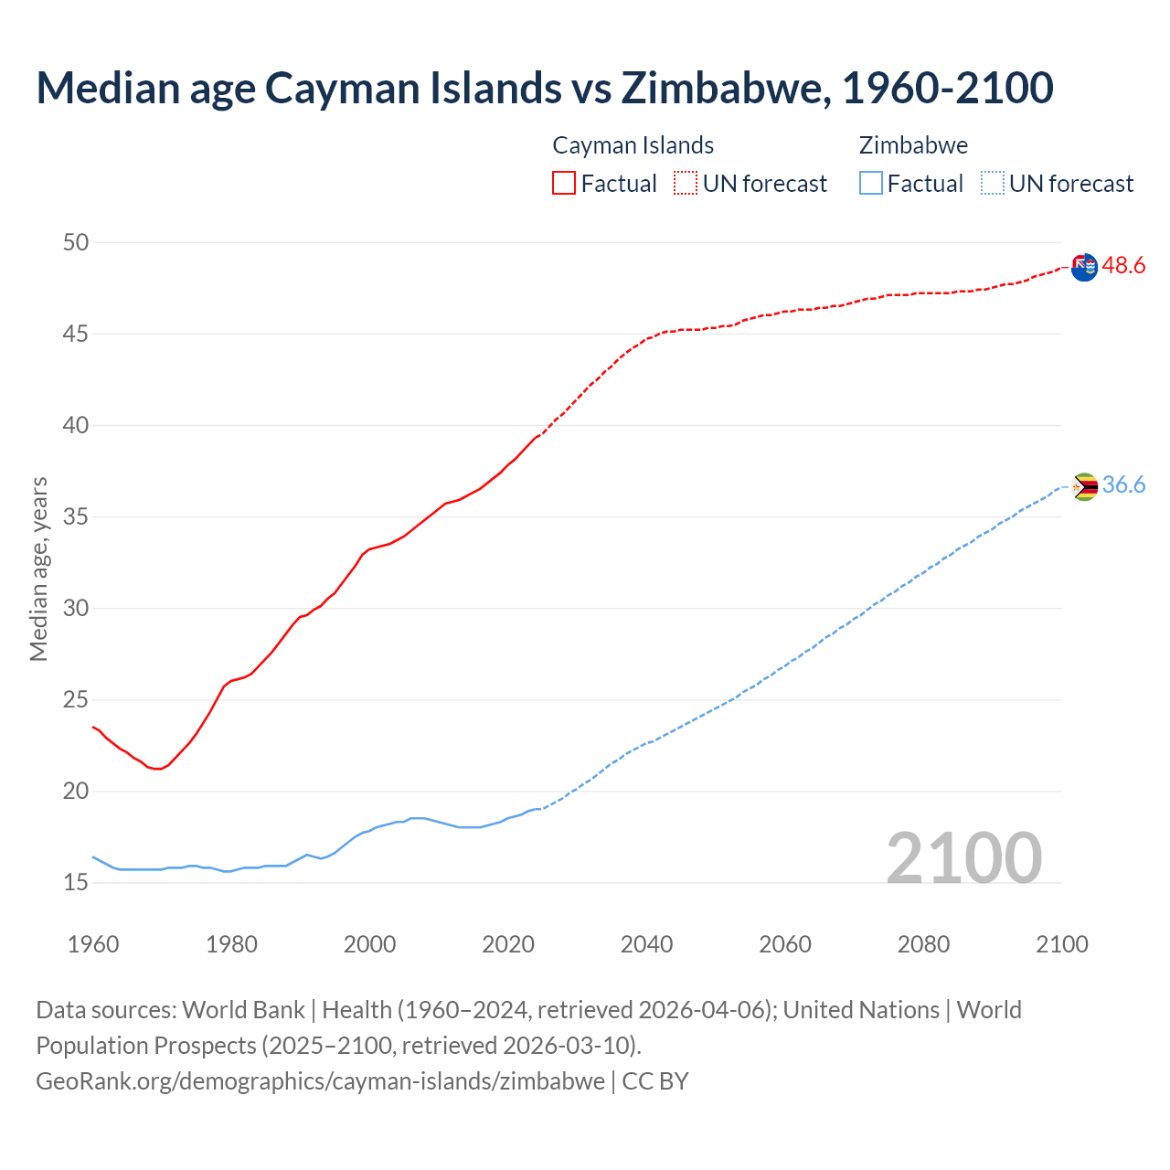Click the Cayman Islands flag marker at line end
(x=1084, y=268)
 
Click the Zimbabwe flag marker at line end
(x=1084, y=486)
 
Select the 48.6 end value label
(x=1123, y=266)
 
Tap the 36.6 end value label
(x=1123, y=485)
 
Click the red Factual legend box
(x=564, y=183)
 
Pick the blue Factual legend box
(x=871, y=183)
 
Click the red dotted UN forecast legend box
(x=686, y=183)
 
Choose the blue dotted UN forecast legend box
(x=993, y=183)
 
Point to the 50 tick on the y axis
(x=76, y=242)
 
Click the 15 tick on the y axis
(x=76, y=882)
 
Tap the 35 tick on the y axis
(x=76, y=516)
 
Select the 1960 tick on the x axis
(x=93, y=944)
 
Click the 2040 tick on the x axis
(x=646, y=944)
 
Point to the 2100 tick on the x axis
(x=1062, y=944)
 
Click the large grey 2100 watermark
(x=964, y=857)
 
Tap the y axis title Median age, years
(x=38, y=569)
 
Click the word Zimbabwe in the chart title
(x=726, y=88)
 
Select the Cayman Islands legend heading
(x=633, y=145)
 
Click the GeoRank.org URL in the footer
(x=320, y=1080)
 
